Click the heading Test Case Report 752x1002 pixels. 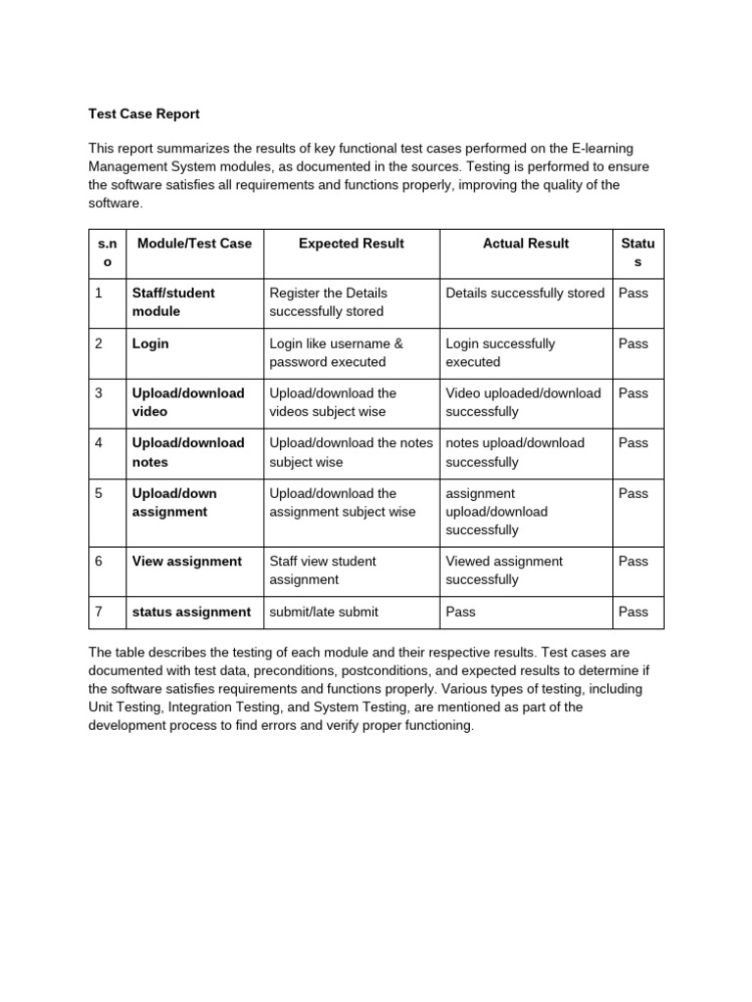click(x=144, y=114)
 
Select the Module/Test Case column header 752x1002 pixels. click(x=195, y=244)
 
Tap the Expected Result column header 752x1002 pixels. click(x=351, y=244)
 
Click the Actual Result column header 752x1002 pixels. click(x=526, y=244)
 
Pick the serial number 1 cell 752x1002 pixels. click(x=99, y=293)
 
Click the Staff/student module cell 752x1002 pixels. click(x=173, y=302)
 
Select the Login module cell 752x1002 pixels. click(x=151, y=343)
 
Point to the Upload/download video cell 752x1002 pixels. click(x=188, y=402)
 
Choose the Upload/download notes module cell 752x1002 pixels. click(x=188, y=452)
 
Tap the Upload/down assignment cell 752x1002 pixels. click(x=174, y=502)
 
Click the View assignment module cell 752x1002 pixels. click(x=187, y=562)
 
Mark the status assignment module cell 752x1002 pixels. click(x=191, y=612)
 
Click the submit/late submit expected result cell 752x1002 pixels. click(x=323, y=612)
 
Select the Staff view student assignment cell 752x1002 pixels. click(x=322, y=570)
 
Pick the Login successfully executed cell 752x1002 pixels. click(x=500, y=352)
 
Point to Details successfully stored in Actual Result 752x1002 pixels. click(x=525, y=293)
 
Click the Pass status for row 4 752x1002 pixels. click(x=634, y=442)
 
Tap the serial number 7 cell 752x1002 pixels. click(x=99, y=612)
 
